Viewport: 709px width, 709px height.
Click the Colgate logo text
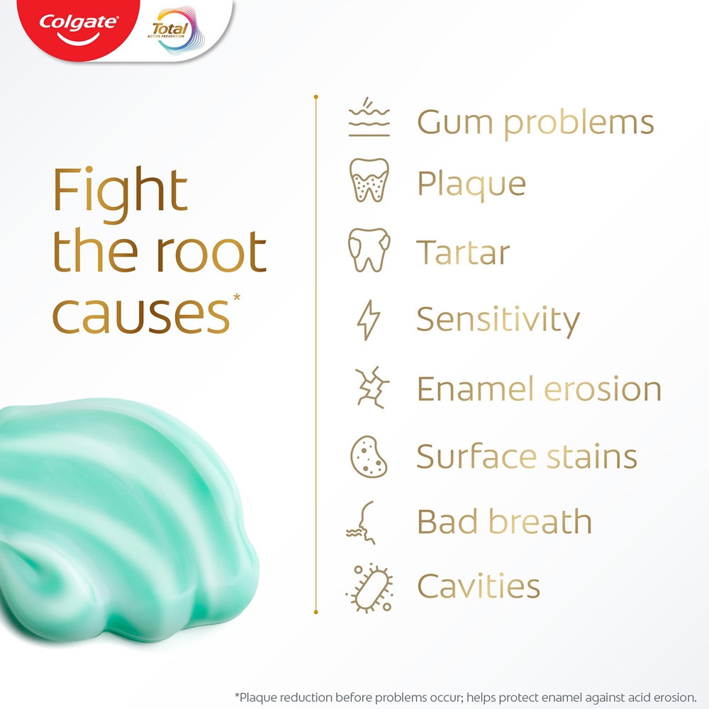pyautogui.click(x=79, y=23)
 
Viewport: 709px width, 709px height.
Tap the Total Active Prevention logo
pyautogui.click(x=176, y=30)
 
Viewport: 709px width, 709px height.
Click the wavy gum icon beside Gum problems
pyautogui.click(x=369, y=117)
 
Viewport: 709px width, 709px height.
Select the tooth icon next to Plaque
pyautogui.click(x=369, y=180)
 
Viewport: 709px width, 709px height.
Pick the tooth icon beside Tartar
pyautogui.click(x=369, y=250)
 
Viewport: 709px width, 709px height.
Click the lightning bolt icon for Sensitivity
pyautogui.click(x=369, y=320)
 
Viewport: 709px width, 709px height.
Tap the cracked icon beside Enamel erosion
pyautogui.click(x=372, y=388)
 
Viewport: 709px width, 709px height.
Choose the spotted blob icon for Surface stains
pyautogui.click(x=369, y=457)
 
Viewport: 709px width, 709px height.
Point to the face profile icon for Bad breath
pyautogui.click(x=362, y=523)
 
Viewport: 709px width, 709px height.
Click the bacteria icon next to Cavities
pyautogui.click(x=369, y=588)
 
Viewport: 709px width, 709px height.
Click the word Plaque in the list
pyautogui.click(x=471, y=184)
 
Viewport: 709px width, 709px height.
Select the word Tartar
pyautogui.click(x=463, y=252)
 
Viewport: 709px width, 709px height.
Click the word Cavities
pyautogui.click(x=479, y=586)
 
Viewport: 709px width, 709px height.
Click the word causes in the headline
pyautogui.click(x=141, y=316)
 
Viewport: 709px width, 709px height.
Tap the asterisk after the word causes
pyautogui.click(x=237, y=298)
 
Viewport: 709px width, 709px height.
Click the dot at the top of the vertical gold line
pyautogui.click(x=316, y=96)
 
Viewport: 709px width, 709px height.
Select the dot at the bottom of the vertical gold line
pyautogui.click(x=316, y=612)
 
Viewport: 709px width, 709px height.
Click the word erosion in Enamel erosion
pyautogui.click(x=603, y=389)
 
